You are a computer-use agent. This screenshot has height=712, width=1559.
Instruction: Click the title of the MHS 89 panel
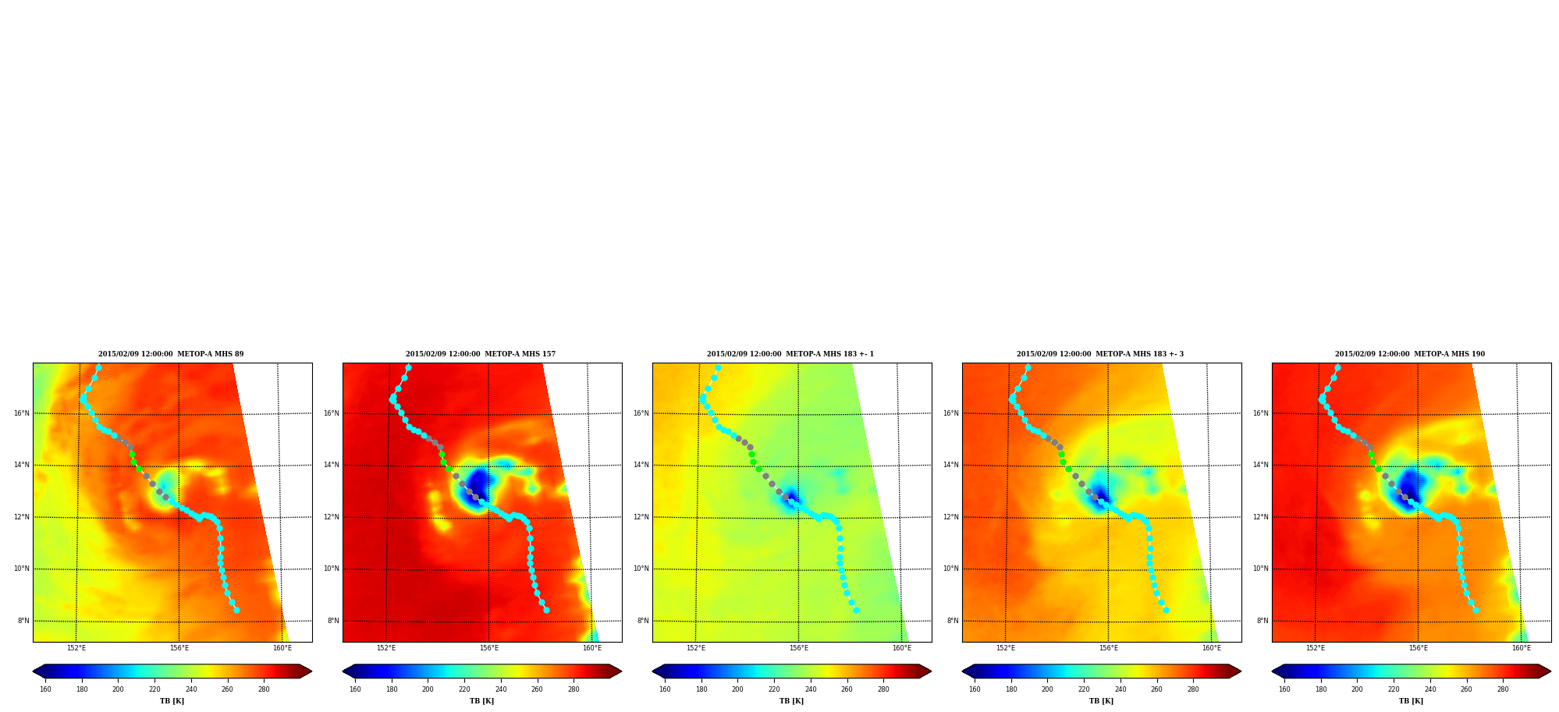(x=171, y=354)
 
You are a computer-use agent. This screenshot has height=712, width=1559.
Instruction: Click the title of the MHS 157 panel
(x=481, y=354)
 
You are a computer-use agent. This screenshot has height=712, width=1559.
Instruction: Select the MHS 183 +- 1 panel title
(x=790, y=354)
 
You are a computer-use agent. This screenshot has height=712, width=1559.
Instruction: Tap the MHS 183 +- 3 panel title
(x=1100, y=354)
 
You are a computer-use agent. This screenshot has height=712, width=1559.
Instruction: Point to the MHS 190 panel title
(x=1410, y=354)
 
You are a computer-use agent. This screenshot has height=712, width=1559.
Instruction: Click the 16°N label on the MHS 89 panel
(x=22, y=413)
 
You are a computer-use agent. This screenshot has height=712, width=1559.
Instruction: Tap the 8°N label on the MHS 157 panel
(x=333, y=621)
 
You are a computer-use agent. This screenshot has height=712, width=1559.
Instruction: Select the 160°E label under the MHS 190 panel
(x=1522, y=648)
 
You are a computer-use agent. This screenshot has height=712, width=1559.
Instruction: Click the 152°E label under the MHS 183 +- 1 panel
(x=696, y=648)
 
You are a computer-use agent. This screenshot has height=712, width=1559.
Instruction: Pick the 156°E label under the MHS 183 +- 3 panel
(x=1109, y=648)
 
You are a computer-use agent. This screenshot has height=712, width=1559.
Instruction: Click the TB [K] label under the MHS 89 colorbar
(x=172, y=701)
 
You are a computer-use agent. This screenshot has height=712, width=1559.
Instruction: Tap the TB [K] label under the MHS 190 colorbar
(x=1412, y=701)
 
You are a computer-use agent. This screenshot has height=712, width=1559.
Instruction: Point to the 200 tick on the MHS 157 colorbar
(x=428, y=689)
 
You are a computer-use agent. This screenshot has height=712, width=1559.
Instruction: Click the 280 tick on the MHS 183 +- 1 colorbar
(x=883, y=689)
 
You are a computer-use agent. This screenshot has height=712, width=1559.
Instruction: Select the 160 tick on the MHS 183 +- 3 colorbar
(x=975, y=689)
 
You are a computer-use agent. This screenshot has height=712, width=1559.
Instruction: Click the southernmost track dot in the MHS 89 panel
(x=236, y=611)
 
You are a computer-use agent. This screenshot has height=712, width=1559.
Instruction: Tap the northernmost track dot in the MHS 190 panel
(x=1337, y=367)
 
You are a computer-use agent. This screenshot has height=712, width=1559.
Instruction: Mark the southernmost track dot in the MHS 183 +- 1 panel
(x=856, y=611)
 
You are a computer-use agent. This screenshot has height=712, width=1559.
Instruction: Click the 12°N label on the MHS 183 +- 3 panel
(x=951, y=517)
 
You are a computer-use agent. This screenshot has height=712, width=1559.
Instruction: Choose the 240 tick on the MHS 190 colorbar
(x=1430, y=689)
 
